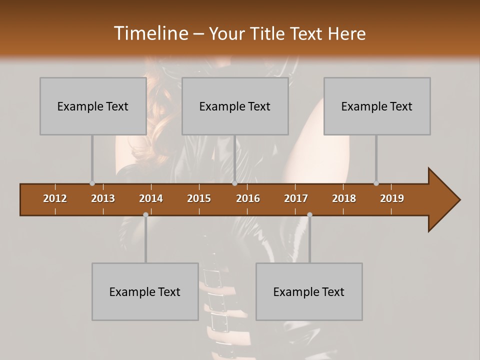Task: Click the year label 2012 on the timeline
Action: coord(55,198)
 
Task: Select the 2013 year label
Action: coord(103,198)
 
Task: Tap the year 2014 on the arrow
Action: coord(151,198)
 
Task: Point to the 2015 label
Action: coord(199,198)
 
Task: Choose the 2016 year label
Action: coord(248,198)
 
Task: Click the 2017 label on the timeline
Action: coord(296,198)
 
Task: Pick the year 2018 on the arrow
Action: coord(344,198)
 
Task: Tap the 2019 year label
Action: coord(392,198)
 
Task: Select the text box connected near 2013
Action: coord(93,106)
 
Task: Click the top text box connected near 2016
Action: coord(235,106)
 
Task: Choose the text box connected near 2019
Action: coord(377,106)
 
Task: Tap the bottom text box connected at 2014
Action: coord(145,292)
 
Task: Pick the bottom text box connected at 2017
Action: coord(309,292)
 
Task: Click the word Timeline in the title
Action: coord(150,33)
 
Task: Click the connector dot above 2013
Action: coord(92,183)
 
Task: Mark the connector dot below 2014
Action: coord(145,214)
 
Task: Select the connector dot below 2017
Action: coord(309,214)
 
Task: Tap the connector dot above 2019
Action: coord(376,183)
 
